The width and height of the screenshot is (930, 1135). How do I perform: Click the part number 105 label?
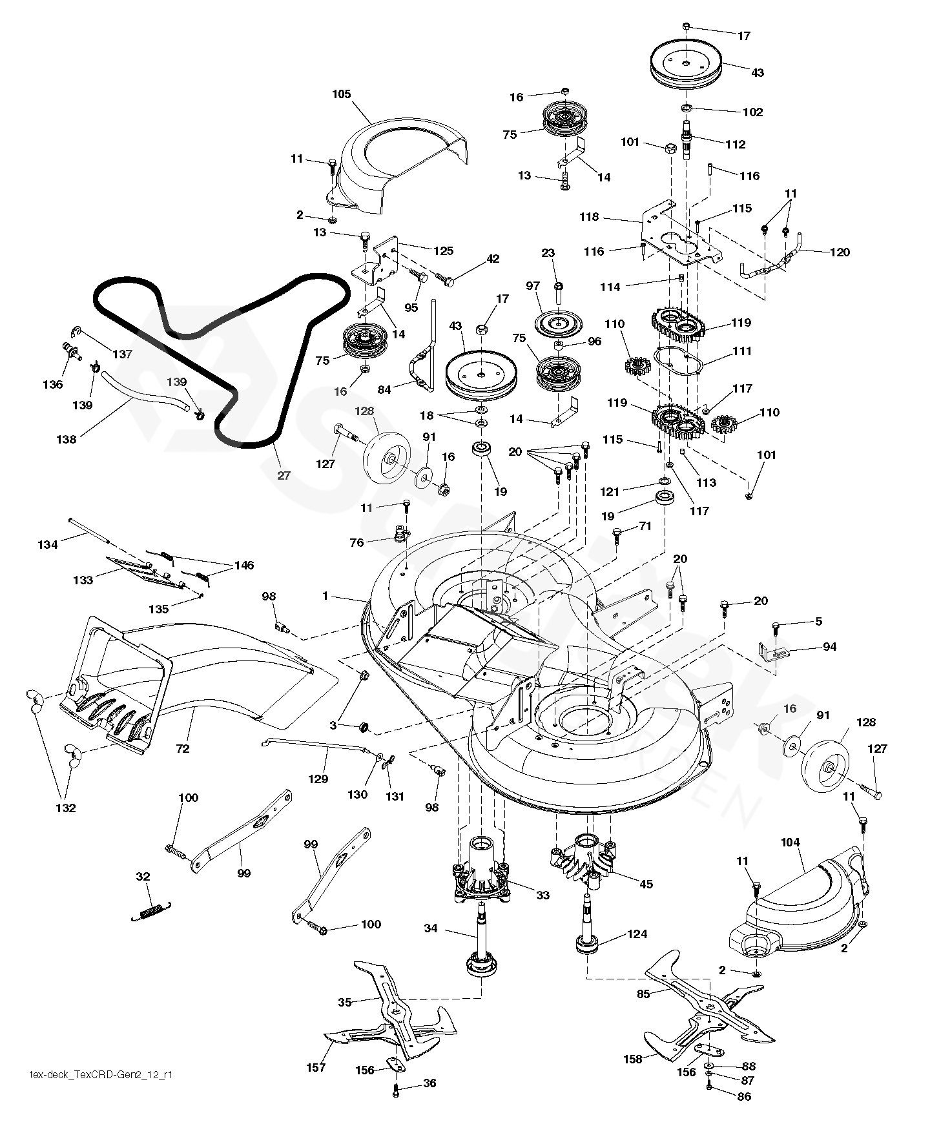click(x=341, y=94)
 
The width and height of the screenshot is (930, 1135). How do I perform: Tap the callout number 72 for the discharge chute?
click(x=183, y=749)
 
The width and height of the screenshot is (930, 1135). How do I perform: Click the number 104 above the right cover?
click(x=790, y=842)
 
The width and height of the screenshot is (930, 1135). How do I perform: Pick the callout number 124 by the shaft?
click(x=637, y=934)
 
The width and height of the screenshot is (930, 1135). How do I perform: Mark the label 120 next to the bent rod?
click(x=840, y=252)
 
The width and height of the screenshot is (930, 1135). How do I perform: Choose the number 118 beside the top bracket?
click(x=589, y=218)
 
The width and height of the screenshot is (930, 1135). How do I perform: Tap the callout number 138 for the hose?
click(x=66, y=440)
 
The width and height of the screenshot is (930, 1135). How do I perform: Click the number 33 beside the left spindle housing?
click(x=543, y=895)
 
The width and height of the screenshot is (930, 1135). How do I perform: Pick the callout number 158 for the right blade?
click(x=633, y=1059)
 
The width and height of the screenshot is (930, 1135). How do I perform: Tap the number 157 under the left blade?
click(x=316, y=1067)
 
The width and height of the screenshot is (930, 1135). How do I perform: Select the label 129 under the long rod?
click(x=318, y=779)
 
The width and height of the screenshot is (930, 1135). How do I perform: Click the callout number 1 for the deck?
click(x=325, y=596)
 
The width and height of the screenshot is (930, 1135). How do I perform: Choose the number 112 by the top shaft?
click(x=736, y=145)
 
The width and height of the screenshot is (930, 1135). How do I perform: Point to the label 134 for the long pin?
click(x=48, y=544)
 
